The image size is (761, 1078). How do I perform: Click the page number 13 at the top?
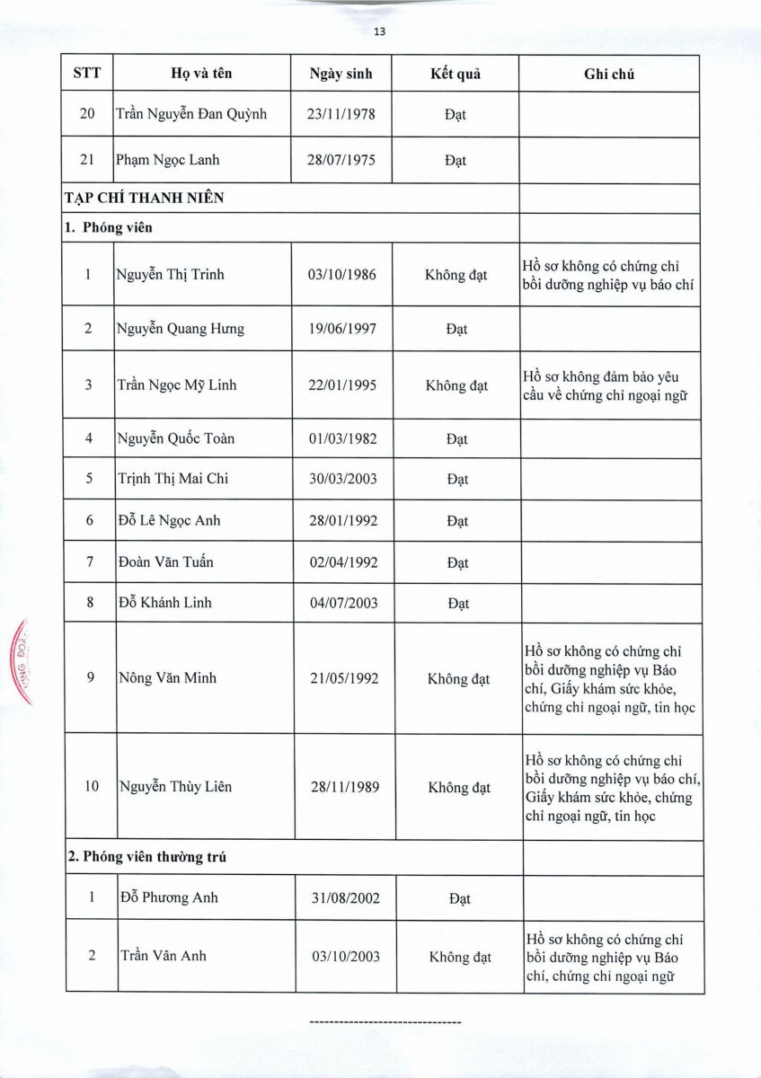tap(379, 31)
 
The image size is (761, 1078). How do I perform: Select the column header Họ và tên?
tap(202, 74)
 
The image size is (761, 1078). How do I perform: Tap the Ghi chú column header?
tap(609, 75)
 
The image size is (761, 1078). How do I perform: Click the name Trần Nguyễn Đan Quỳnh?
tap(191, 115)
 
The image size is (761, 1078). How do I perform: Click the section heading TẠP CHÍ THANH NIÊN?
tap(144, 199)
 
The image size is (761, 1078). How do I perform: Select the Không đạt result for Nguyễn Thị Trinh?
tap(456, 275)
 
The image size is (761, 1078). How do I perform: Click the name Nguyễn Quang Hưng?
tap(181, 329)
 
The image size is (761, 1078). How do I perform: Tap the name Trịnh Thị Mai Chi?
tap(173, 479)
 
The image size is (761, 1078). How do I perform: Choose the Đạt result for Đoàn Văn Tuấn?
tap(457, 563)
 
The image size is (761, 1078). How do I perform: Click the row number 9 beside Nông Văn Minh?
tap(91, 678)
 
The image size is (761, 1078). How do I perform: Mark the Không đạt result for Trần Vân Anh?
tap(460, 957)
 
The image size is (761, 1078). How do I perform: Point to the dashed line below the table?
tap(385, 1023)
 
